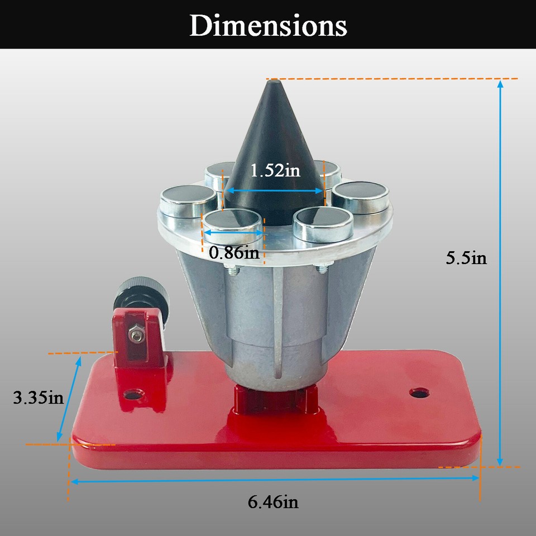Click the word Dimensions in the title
tap(268, 26)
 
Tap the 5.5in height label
tap(466, 258)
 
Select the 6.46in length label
tap(273, 502)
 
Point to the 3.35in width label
tap(38, 398)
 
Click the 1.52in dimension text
tap(275, 170)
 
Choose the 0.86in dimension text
tap(234, 253)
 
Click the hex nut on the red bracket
tap(136, 334)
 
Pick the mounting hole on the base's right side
tap(418, 393)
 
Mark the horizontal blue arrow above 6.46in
tap(274, 478)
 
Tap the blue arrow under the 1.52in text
tap(274, 190)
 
